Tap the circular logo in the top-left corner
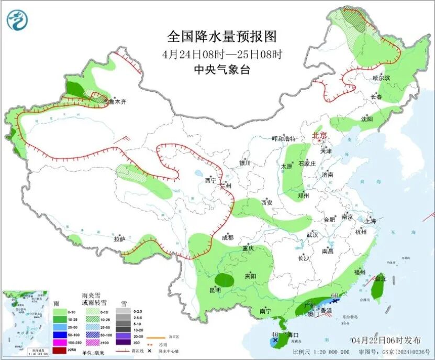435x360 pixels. coord(17,21)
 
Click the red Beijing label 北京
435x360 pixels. coord(320,135)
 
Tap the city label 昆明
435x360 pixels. coord(215,290)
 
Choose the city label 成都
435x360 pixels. coord(228,237)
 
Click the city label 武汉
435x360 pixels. coord(312,235)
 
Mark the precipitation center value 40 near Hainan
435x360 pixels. coord(275,334)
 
